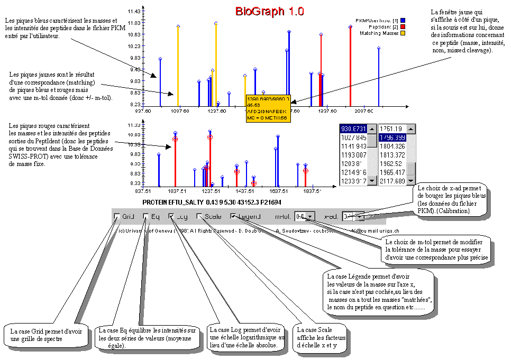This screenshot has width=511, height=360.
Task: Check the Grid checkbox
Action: [x=116, y=216]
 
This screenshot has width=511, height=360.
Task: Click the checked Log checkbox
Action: [x=171, y=216]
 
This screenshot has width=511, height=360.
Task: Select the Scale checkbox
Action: [x=199, y=216]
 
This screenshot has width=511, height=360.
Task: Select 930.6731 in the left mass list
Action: [x=354, y=130]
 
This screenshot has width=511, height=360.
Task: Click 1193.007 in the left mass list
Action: [x=354, y=155]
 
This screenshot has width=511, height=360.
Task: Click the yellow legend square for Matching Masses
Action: [x=403, y=33]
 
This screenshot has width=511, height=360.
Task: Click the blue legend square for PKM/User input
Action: [x=403, y=20]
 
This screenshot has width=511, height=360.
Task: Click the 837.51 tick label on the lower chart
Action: [x=143, y=191]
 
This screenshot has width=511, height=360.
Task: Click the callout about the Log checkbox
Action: [x=247, y=336]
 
